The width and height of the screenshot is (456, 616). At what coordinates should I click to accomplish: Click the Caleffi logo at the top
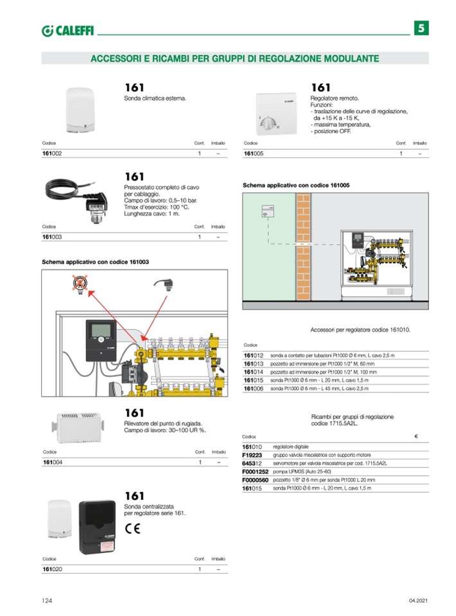[x=67, y=31]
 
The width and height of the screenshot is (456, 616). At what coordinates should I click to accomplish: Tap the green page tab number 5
[x=421, y=28]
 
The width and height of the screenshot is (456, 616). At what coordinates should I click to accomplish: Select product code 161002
[x=52, y=154]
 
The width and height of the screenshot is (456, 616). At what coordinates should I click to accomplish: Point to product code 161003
[x=52, y=237]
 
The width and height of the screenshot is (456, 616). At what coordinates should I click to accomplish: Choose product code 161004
[x=52, y=462]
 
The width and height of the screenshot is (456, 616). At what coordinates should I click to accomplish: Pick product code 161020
[x=52, y=568]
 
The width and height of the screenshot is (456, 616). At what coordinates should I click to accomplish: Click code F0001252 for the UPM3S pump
[x=255, y=471]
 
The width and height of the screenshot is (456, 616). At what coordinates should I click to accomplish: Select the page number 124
[x=46, y=601]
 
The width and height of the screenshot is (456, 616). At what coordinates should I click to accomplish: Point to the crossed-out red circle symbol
[x=79, y=283]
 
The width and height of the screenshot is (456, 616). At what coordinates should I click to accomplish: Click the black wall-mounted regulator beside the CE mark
[x=97, y=527]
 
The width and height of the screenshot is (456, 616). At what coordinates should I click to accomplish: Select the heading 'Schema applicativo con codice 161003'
[x=95, y=262]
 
